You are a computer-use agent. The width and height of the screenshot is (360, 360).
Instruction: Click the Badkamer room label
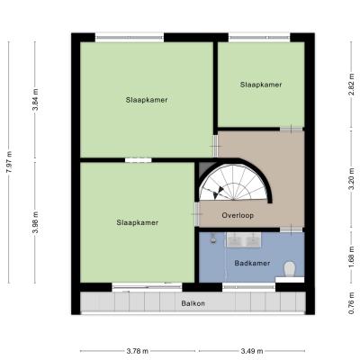[x=252, y=263]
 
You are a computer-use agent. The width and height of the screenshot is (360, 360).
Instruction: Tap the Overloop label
[x=238, y=215]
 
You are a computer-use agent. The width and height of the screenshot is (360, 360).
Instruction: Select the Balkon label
[x=193, y=303]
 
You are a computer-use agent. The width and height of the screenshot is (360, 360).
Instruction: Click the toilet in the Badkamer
[x=290, y=269]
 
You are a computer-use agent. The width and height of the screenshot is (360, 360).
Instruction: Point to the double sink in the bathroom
[x=243, y=239]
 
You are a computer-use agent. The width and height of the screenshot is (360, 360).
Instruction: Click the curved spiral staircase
[x=234, y=183]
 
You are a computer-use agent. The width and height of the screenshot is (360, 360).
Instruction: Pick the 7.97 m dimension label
[x=10, y=162]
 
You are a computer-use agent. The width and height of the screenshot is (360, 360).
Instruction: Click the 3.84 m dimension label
[x=36, y=100]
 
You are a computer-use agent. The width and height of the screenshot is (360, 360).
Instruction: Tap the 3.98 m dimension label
[x=36, y=222]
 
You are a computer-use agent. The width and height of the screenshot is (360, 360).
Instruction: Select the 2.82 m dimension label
[x=352, y=85]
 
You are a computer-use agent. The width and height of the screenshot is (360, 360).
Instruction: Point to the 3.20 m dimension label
[x=352, y=179]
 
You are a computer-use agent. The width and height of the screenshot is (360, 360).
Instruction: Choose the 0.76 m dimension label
[x=352, y=303]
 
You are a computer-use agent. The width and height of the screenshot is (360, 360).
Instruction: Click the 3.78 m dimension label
[x=138, y=351]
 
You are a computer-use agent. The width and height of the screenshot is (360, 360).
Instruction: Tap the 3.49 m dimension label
[x=252, y=351]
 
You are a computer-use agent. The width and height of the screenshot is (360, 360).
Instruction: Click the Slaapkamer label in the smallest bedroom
[x=261, y=85]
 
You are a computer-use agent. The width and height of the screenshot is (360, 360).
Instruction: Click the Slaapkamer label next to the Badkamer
[x=138, y=222]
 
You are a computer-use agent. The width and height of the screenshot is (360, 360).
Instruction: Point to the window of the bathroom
[x=248, y=287]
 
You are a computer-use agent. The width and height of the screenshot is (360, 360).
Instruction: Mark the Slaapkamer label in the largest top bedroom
[x=147, y=100]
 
